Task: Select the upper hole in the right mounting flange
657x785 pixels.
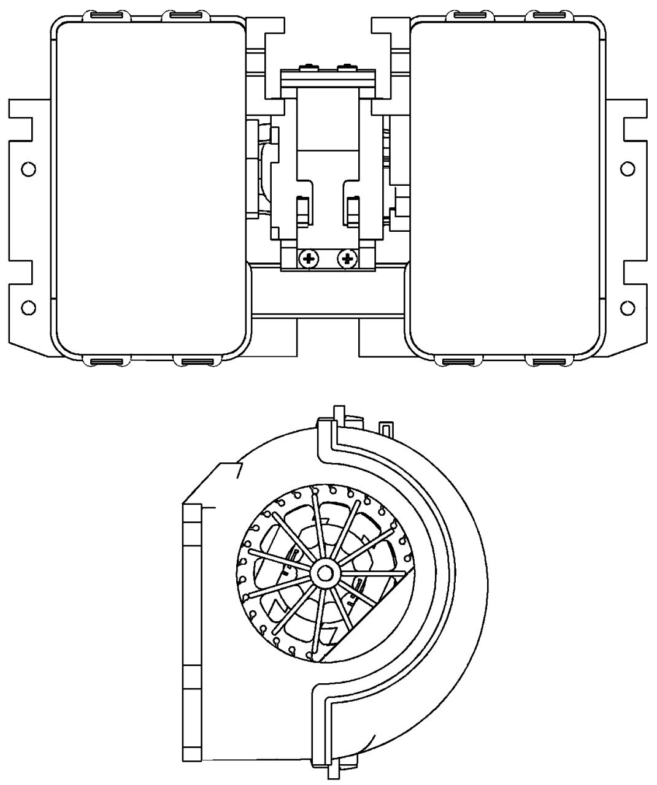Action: [627, 169]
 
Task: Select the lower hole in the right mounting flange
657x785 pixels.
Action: [627, 307]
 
